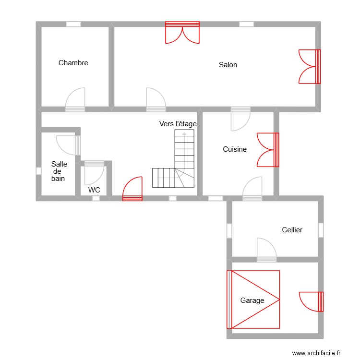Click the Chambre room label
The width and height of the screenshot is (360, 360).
73,63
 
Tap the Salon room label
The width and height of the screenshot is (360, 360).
228,65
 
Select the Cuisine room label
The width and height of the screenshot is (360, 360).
235,149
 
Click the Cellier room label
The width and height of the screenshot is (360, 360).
292,230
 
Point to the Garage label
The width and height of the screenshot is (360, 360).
252,300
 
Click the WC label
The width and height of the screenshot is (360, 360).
94,190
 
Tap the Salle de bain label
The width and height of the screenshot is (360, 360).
59,171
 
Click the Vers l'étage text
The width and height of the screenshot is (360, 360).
178,124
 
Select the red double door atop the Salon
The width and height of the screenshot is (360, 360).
182,33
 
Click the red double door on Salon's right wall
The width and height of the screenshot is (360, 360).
310,67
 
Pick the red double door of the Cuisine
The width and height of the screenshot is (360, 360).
268,150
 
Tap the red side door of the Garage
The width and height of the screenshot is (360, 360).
312,302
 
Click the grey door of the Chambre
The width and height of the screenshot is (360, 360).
75,100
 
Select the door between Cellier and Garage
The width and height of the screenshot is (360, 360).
266,250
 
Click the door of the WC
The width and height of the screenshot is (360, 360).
94,173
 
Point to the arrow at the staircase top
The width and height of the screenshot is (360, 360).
184,134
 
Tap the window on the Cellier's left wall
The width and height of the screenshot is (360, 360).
229,230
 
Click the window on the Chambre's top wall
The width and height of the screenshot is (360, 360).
73,24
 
